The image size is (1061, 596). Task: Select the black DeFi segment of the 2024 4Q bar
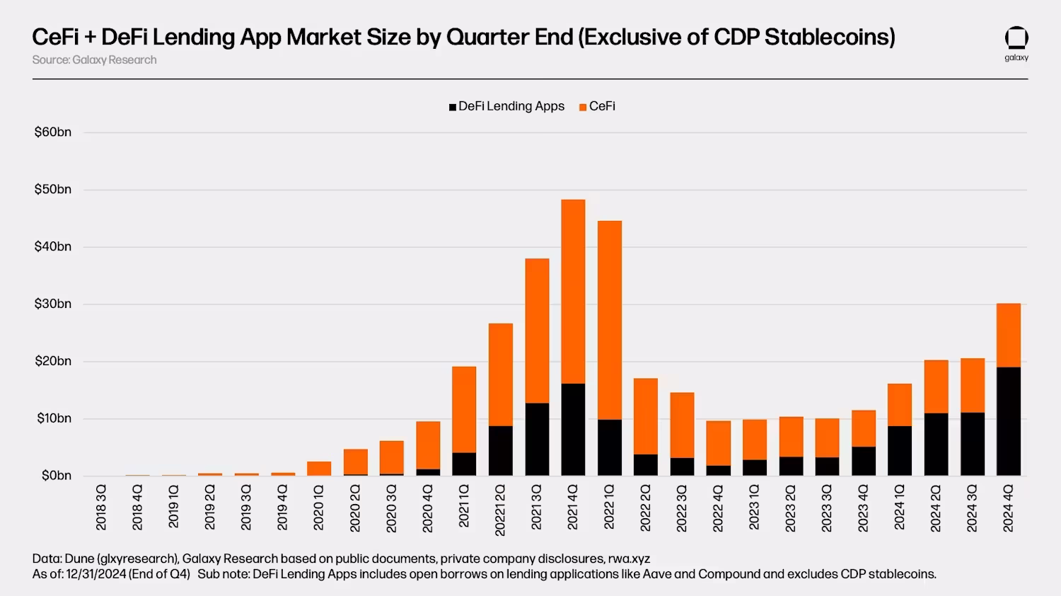pos(1008,421)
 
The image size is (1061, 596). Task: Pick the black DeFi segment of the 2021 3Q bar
pos(537,439)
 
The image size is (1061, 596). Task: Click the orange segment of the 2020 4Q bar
pos(428,445)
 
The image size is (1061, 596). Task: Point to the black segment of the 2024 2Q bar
pos(936,444)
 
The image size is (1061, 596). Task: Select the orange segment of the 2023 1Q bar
pos(754,440)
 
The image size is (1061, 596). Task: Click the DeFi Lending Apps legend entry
pos(506,106)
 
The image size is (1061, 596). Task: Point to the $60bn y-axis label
pos(53,132)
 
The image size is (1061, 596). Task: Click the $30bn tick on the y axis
pos(53,304)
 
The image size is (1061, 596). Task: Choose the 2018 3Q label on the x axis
pos(101,508)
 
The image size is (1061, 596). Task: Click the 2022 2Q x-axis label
pos(645,508)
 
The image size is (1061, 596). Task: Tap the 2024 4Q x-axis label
pos(1008,508)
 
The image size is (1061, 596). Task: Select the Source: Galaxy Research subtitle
pos(94,60)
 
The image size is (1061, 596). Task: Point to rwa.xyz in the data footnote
pos(629,558)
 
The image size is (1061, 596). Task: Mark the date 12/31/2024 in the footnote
pos(95,574)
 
